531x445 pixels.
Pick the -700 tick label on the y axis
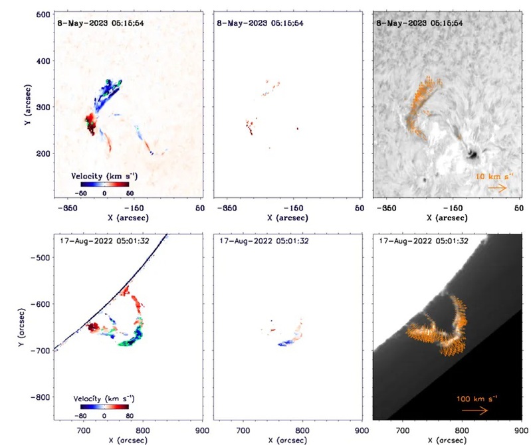(40, 351)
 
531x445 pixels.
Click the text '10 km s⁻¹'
(491, 177)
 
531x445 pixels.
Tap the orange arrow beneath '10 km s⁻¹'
(496, 189)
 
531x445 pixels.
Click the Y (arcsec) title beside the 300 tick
(27, 107)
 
